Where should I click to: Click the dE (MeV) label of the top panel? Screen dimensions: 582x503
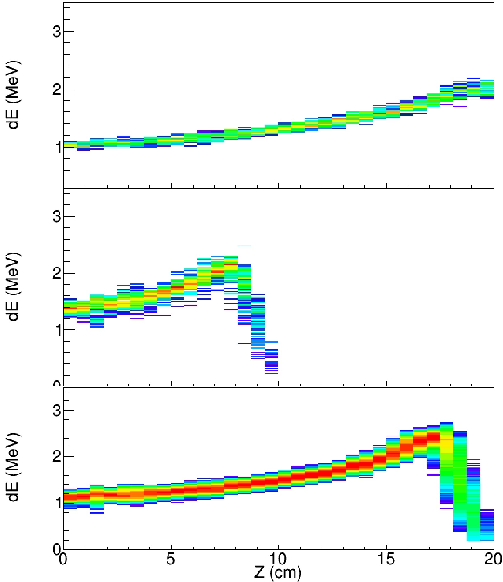(x=13, y=95)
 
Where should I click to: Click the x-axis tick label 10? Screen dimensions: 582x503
(x=278, y=560)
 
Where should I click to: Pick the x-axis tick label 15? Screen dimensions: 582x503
(x=386, y=560)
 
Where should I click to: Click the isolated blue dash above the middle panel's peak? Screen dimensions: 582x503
(x=244, y=246)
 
